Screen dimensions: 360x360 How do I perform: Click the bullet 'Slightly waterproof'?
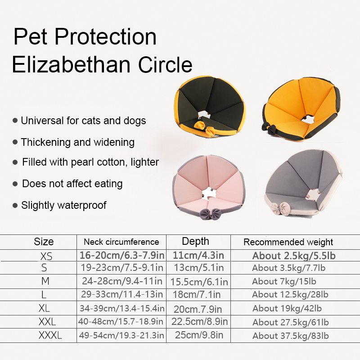point(63,206)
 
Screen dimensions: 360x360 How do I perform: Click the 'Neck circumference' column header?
point(121,242)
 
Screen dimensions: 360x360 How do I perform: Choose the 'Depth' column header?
point(195,242)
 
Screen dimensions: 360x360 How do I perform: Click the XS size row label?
point(46,256)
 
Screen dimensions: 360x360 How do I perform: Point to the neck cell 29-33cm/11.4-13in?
point(121,295)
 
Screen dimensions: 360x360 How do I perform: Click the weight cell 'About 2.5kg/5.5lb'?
point(294,256)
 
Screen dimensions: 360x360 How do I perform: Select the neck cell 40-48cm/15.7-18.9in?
point(121,322)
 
